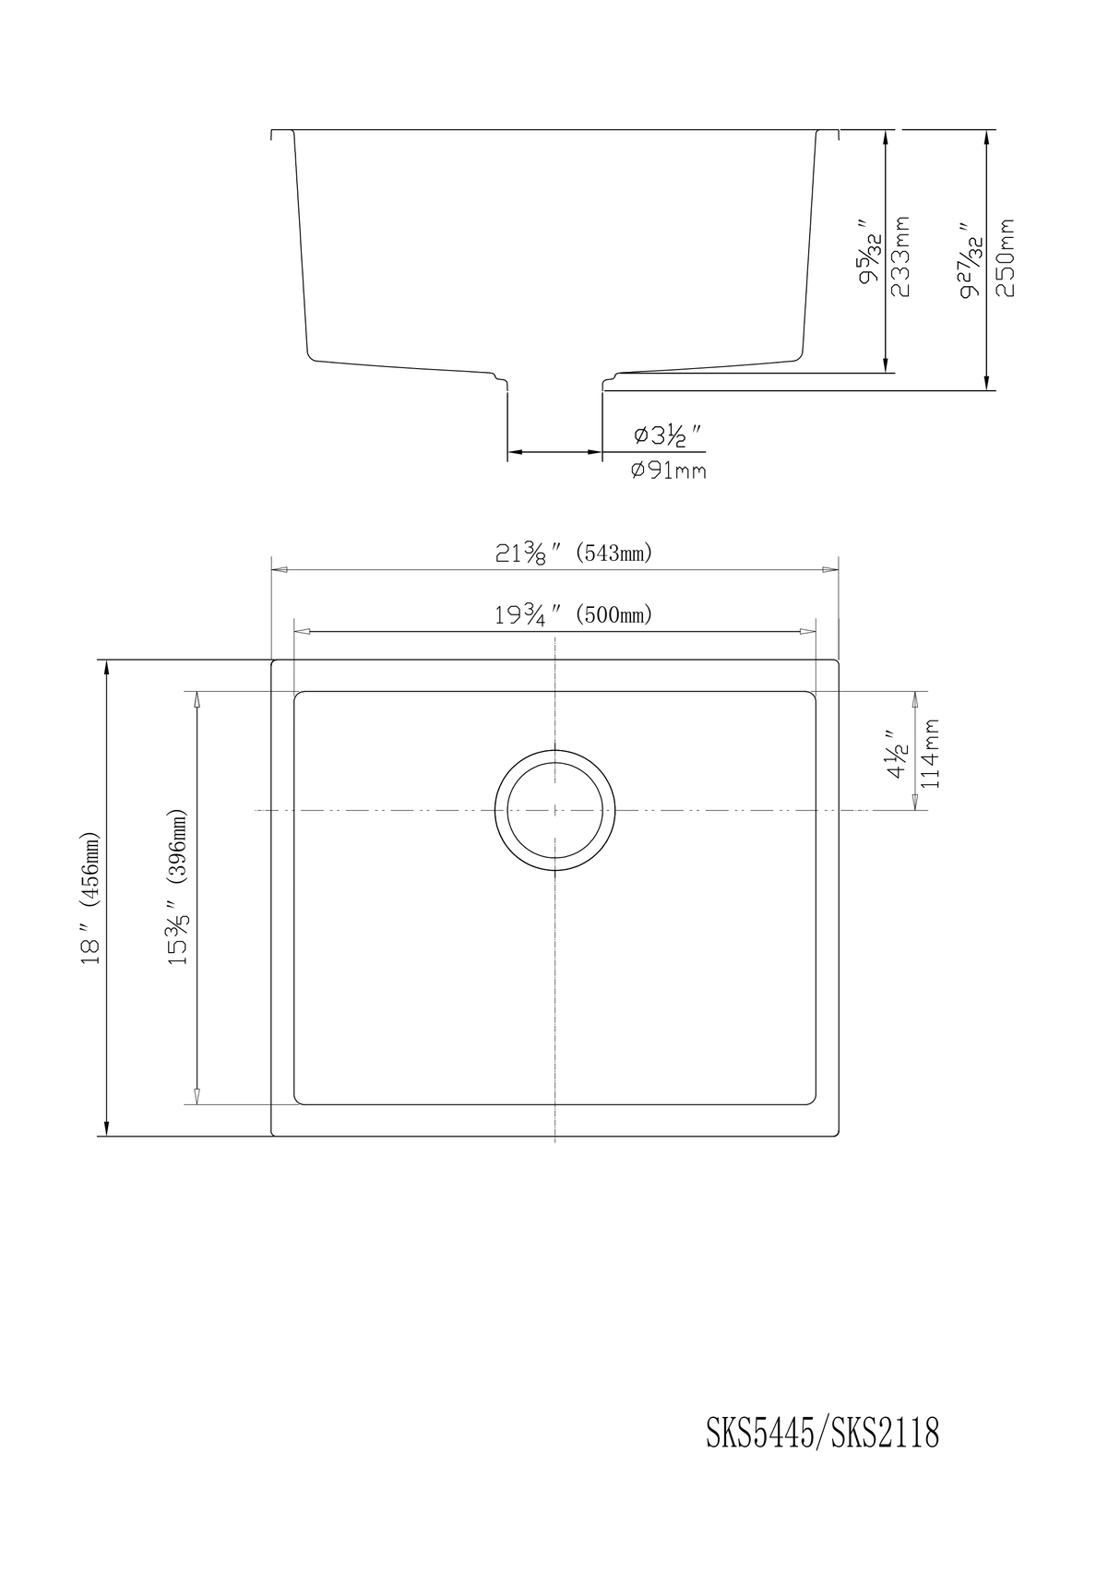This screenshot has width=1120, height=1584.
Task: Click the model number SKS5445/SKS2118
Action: pyautogui.click(x=823, y=1434)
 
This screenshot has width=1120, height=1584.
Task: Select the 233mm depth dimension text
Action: pyautogui.click(x=901, y=256)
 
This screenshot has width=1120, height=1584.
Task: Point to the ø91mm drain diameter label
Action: pyautogui.click(x=669, y=470)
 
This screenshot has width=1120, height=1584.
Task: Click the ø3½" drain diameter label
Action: pyautogui.click(x=669, y=435)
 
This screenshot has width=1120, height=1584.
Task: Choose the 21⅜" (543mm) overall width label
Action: pyautogui.click(x=574, y=554)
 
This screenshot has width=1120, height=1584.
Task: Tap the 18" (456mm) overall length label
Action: pyautogui.click(x=89, y=898)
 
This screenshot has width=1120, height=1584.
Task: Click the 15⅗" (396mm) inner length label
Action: pyautogui.click(x=177, y=887)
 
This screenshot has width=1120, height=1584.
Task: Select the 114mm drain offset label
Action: pyautogui.click(x=931, y=753)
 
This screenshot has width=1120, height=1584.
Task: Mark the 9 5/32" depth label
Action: pyautogui.click(x=869, y=251)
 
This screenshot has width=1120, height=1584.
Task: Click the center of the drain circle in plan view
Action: pyautogui.click(x=554, y=810)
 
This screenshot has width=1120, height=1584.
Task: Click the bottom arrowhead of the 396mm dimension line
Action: pyautogui.click(x=196, y=1096)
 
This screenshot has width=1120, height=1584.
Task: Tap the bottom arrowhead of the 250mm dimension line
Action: pyautogui.click(x=987, y=383)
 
